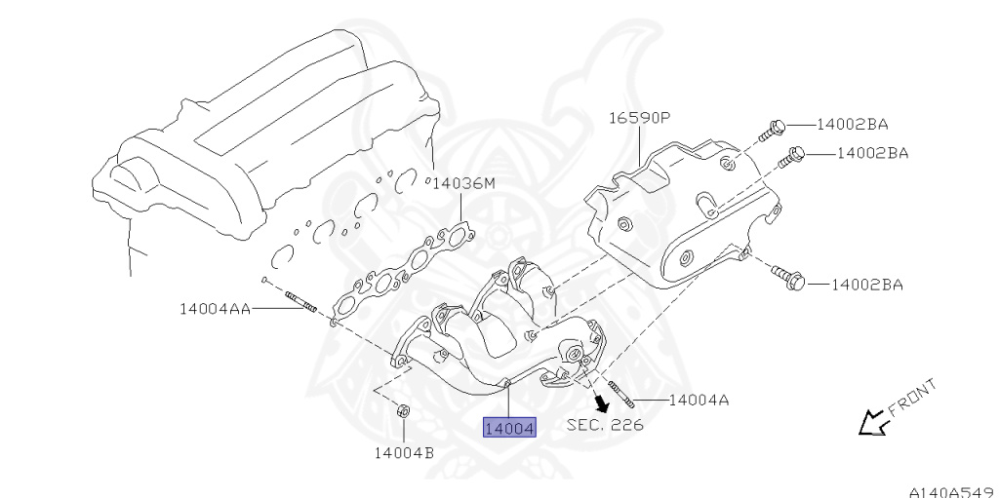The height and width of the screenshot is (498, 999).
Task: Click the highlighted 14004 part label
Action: tap(509, 428)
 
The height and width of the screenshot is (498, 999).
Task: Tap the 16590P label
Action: tap(639, 118)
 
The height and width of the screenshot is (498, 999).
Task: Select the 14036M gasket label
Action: tap(463, 184)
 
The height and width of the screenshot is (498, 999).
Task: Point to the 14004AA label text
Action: tap(215, 309)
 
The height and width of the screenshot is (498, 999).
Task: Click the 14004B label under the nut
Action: tap(404, 453)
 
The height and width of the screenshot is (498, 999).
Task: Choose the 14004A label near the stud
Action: tap(699, 400)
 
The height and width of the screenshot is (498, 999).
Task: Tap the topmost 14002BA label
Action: tap(852, 124)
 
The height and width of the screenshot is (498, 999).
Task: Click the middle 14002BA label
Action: tap(872, 153)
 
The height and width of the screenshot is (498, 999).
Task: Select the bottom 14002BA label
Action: tap(867, 284)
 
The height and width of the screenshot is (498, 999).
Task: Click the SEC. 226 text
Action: tap(605, 424)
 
